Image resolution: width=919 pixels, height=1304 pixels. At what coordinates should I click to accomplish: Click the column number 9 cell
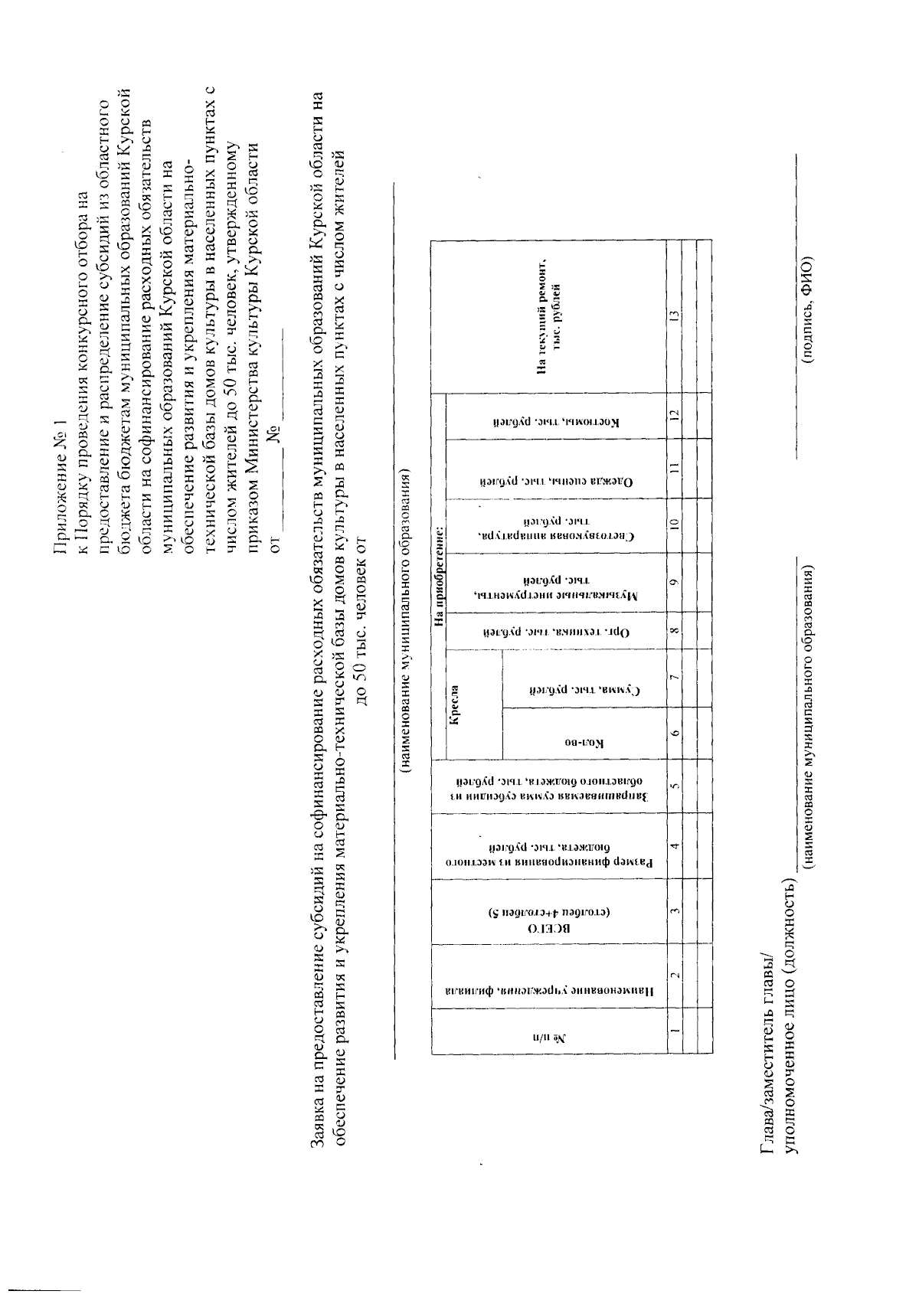pyautogui.click(x=672, y=583)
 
